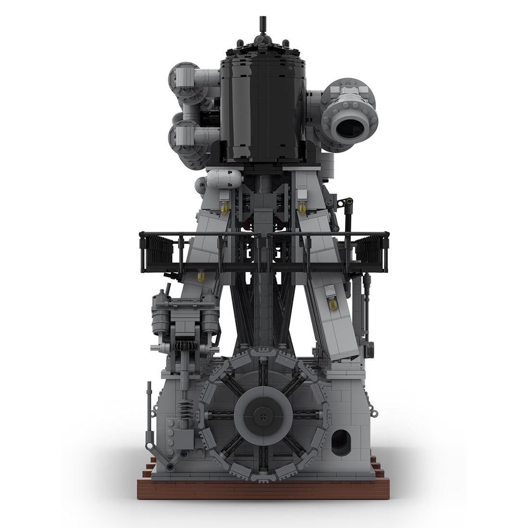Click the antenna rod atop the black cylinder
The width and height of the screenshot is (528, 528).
[263, 24]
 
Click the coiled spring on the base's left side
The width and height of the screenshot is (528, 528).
[183, 411]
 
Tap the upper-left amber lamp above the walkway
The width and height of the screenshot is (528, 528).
[224, 206]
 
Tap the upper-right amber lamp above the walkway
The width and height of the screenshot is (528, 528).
[303, 206]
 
